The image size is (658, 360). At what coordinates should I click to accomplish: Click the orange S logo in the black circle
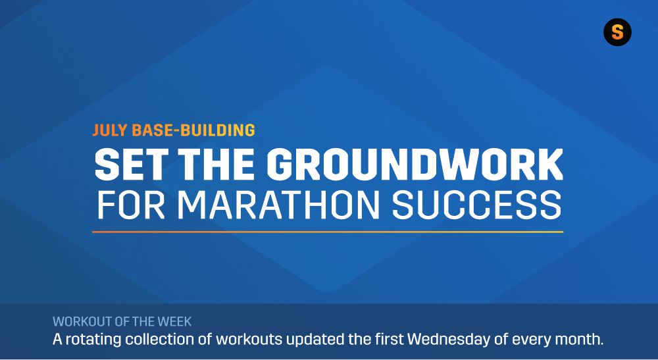point(617,32)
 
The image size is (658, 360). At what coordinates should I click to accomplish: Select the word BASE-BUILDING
point(193,130)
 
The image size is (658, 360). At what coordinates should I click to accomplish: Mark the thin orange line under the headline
point(327,232)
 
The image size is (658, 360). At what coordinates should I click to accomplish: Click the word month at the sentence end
point(580,340)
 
